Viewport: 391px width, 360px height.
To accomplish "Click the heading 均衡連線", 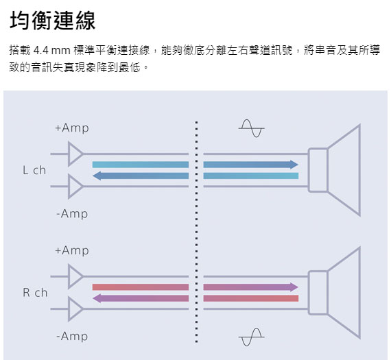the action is point(53,21).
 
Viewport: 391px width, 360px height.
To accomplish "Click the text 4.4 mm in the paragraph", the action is point(52,51).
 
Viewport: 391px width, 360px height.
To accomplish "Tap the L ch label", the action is point(34,170).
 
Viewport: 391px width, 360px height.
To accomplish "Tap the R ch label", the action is point(35,292).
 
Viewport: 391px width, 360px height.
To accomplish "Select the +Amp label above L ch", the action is point(72,128).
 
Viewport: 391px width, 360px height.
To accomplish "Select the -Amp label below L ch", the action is point(72,214).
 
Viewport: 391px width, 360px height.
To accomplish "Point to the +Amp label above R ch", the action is point(72,250).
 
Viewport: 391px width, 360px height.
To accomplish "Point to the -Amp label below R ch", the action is point(72,336).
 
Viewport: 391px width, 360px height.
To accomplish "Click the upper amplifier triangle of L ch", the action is point(75,154).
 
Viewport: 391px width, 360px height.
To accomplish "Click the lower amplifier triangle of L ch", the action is point(75,187).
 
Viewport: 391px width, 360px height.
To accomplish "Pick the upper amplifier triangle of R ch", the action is point(75,276).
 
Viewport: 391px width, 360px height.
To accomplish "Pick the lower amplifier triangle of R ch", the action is point(75,309).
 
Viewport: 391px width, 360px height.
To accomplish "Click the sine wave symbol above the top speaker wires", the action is point(251,129).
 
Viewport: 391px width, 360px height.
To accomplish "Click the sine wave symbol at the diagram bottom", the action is point(251,337).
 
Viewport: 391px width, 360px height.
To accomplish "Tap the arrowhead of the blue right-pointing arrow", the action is point(294,165).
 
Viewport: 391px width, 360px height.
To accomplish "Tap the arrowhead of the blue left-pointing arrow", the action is point(97,176).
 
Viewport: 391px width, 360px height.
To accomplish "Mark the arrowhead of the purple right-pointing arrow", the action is point(294,287).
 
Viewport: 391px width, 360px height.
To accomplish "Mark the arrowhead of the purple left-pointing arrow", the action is point(97,298).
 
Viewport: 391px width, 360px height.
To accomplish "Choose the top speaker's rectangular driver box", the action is point(318,170).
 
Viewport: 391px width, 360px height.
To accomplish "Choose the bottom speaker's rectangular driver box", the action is point(318,292).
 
